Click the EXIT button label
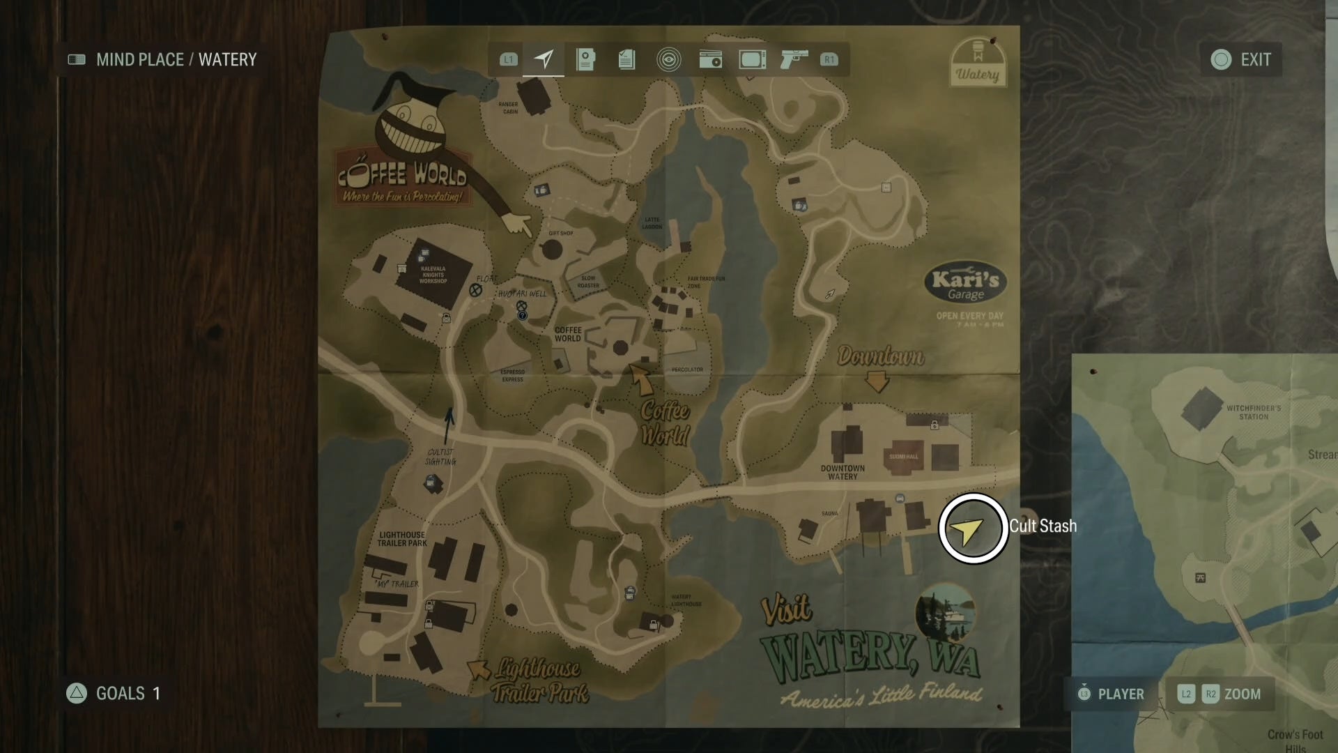click(x=1255, y=60)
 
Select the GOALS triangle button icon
click(x=77, y=693)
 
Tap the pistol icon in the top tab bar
click(x=794, y=59)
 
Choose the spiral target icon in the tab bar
click(x=668, y=60)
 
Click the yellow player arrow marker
click(x=969, y=531)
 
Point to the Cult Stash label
click(x=1043, y=526)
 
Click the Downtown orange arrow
click(x=877, y=381)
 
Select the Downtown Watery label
click(x=843, y=472)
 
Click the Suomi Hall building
click(x=903, y=455)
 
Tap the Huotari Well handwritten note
click(x=522, y=294)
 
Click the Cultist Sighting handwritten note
click(x=440, y=457)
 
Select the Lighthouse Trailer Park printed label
click(x=402, y=539)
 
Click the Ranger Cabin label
click(x=509, y=108)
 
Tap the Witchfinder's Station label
click(x=1253, y=412)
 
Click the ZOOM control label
click(x=1242, y=694)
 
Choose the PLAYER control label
click(x=1121, y=694)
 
